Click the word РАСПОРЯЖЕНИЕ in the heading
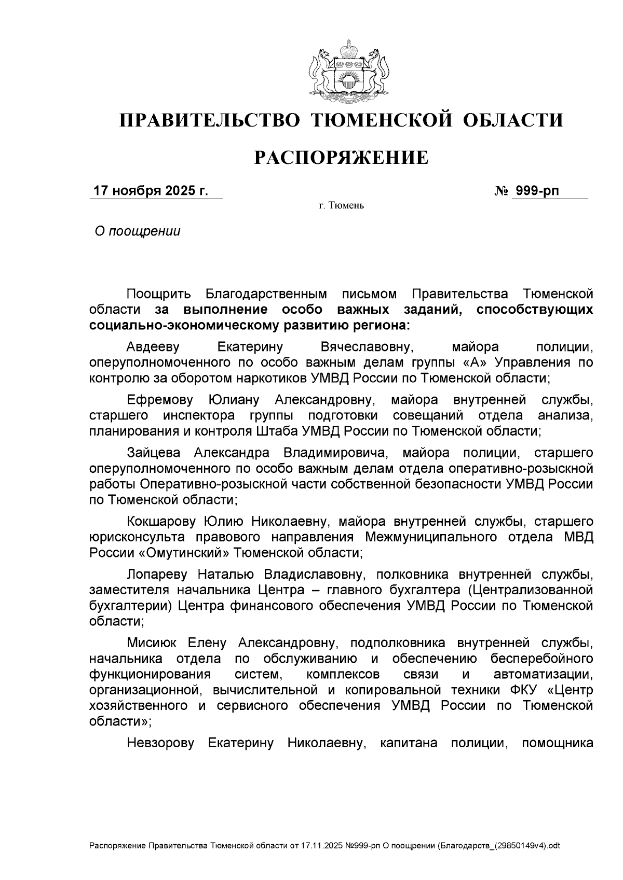pos(341,157)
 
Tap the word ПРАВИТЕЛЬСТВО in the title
pos(210,120)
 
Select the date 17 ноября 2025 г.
pos(150,191)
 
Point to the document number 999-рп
pos(535,191)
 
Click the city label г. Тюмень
pos(341,206)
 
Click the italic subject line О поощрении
pos(137,231)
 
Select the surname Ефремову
pos(160,400)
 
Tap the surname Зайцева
pos(153,453)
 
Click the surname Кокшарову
pos(159,521)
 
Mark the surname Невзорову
pos(160,743)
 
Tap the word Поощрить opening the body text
pos(159,294)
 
